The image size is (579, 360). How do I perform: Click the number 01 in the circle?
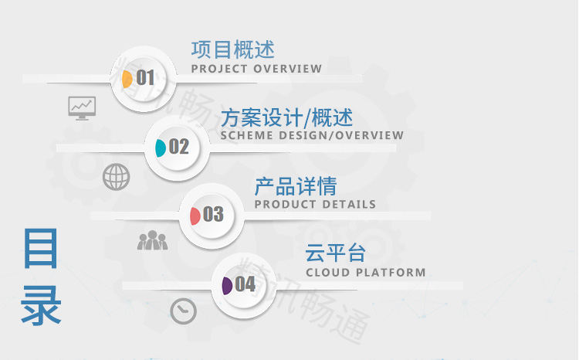pyautogui.click(x=145, y=77)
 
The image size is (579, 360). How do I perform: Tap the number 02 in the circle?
pyautogui.click(x=179, y=146)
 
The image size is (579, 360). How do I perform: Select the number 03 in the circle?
pyautogui.click(x=213, y=214)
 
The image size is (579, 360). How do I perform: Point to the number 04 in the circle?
pyautogui.click(x=245, y=284)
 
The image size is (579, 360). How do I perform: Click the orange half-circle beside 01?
pyautogui.click(x=127, y=79)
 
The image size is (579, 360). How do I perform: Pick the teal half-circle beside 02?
pyautogui.click(x=161, y=148)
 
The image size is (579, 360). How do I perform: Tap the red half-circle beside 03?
pyautogui.click(x=195, y=216)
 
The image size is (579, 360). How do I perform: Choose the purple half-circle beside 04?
pyautogui.click(x=227, y=286)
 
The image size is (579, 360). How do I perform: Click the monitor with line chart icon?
pyautogui.click(x=82, y=108)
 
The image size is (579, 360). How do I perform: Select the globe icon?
pyautogui.click(x=117, y=177)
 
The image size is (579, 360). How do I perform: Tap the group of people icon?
pyautogui.click(x=153, y=240)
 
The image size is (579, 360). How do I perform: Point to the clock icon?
pyautogui.click(x=184, y=311)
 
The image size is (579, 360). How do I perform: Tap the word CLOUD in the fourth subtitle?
pyautogui.click(x=328, y=273)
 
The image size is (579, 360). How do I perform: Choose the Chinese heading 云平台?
pyautogui.click(x=335, y=253)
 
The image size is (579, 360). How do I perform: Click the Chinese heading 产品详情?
pyautogui.click(x=296, y=186)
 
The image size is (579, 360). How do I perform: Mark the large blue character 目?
pyautogui.click(x=41, y=249)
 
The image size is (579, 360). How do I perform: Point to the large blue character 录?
pyautogui.click(x=41, y=305)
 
